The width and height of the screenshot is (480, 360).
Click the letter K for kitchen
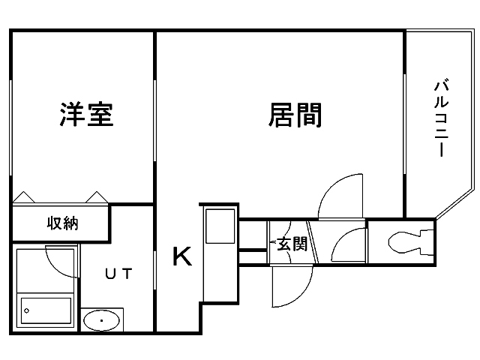pos(182,256)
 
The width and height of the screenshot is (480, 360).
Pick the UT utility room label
pos(118,274)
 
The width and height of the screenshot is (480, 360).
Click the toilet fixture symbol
pos(408,241)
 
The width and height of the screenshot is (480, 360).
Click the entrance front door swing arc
pos(291,289)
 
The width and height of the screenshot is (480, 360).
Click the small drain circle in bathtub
pos(27,308)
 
